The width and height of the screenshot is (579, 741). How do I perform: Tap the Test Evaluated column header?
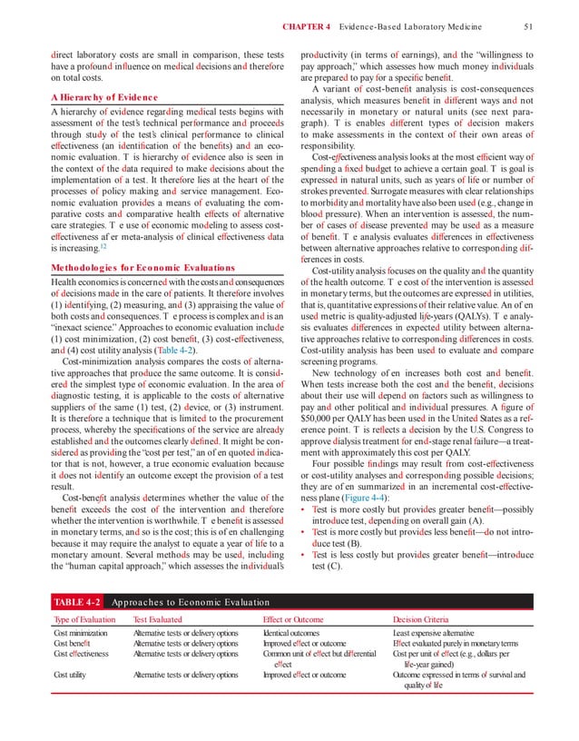point(161,645)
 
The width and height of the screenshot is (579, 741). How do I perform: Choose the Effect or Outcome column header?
point(295,645)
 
